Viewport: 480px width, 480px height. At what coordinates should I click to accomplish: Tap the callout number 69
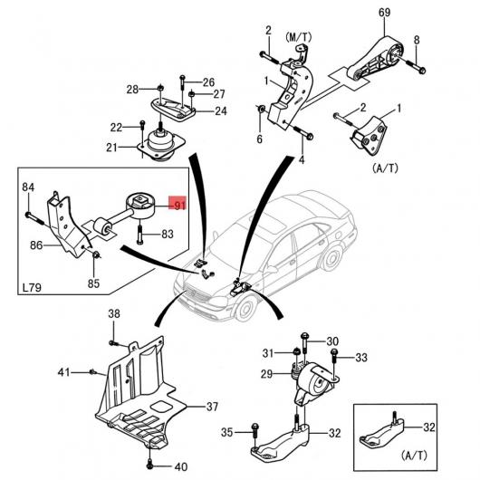tap(385, 13)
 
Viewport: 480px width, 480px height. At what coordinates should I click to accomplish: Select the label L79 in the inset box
tap(32, 287)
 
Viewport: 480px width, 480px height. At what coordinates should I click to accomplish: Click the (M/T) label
tap(299, 37)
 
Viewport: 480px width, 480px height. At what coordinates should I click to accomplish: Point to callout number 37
tap(212, 407)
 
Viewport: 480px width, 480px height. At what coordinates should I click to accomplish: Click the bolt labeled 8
tap(416, 66)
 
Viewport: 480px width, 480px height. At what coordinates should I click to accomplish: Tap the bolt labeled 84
tap(35, 219)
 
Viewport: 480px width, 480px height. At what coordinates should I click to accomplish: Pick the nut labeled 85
tap(96, 254)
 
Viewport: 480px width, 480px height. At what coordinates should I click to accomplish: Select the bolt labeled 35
tap(254, 432)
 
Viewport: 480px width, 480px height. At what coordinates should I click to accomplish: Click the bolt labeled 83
tap(139, 235)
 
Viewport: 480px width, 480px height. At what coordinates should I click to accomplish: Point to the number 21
tap(111, 148)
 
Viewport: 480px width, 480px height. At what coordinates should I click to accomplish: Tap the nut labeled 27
tap(192, 93)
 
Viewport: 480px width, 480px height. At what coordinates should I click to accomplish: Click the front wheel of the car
tap(246, 308)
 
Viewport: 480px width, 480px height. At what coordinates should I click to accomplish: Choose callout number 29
tap(266, 373)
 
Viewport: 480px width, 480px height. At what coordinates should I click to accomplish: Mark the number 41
tap(64, 372)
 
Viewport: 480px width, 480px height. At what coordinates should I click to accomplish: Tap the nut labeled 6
tap(262, 109)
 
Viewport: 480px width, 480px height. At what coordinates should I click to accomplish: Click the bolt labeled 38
tap(113, 343)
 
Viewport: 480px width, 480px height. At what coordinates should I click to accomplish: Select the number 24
tap(220, 110)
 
